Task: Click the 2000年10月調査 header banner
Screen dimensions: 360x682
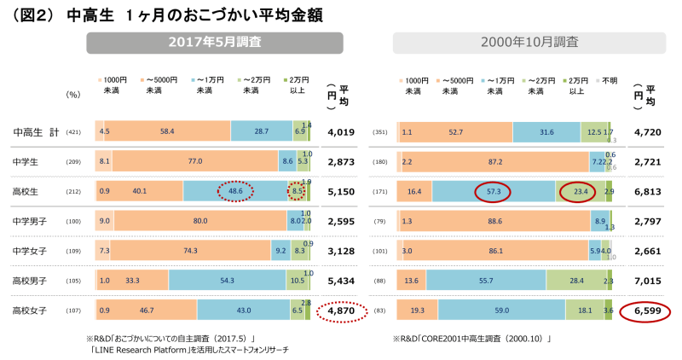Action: [529, 42]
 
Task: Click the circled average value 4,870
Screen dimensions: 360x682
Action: [340, 312]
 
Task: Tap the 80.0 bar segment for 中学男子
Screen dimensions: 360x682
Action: [200, 220]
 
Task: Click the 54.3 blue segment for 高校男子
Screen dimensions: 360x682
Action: [228, 281]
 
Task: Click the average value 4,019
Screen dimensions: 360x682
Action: [340, 132]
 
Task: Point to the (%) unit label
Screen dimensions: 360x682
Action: [72, 94]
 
